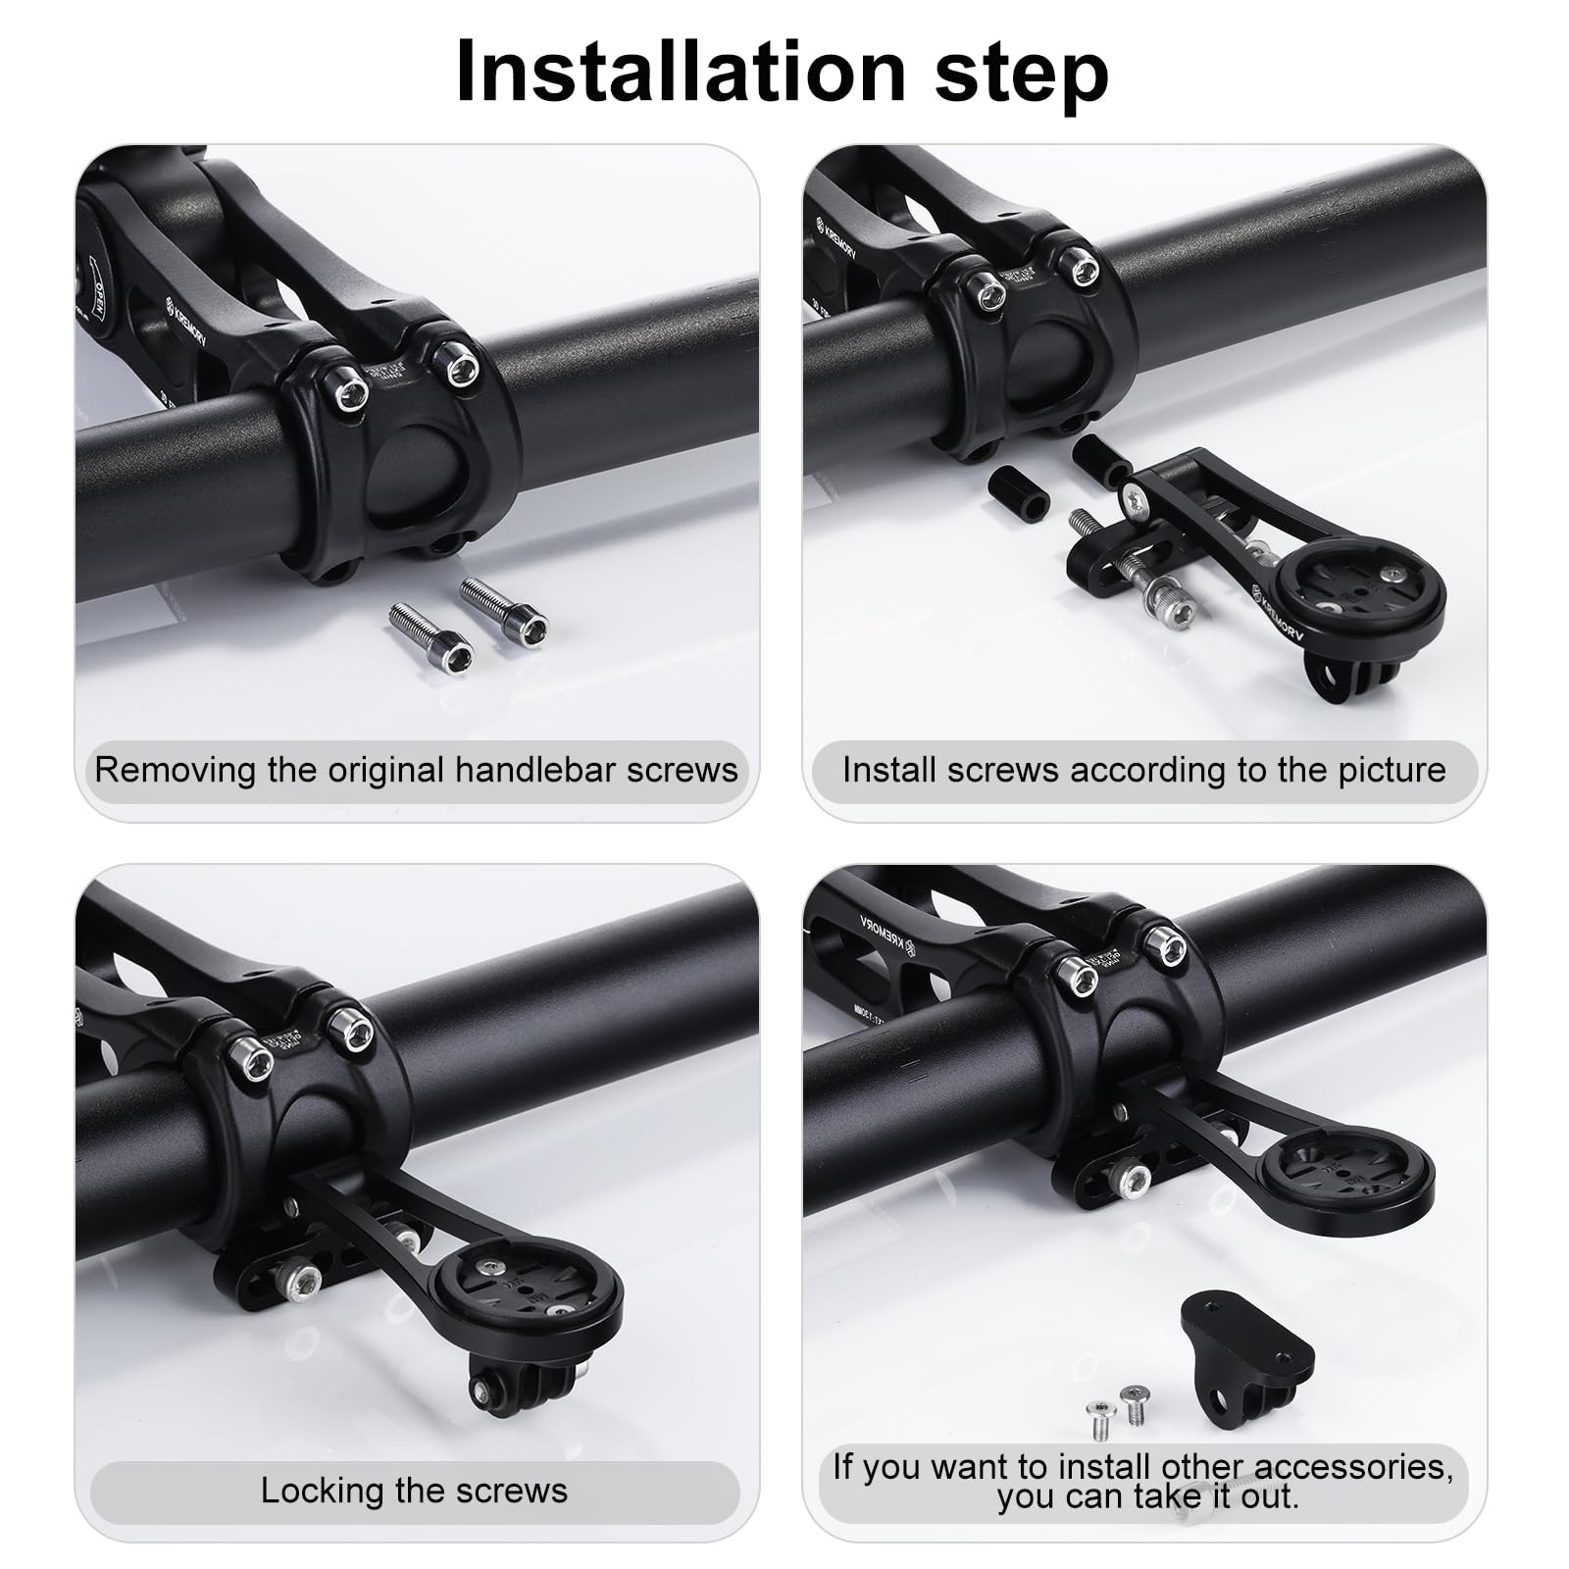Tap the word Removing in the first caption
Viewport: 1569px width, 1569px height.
tap(176, 770)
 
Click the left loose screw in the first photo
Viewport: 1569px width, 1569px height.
tap(430, 630)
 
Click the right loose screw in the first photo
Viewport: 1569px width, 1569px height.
tap(504, 607)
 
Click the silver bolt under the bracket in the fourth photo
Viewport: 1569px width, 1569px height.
tap(1136, 1178)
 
